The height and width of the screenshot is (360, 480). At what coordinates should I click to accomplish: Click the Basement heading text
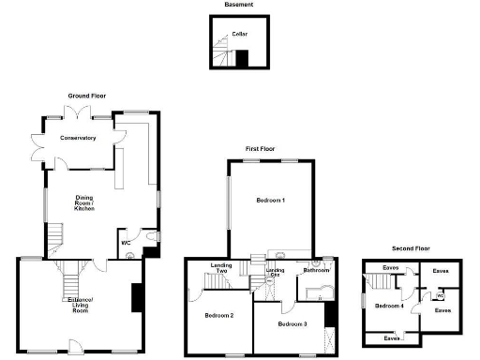(236, 5)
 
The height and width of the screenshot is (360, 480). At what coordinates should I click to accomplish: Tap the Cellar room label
(240, 34)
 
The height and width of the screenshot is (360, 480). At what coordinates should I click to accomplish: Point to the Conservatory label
(78, 138)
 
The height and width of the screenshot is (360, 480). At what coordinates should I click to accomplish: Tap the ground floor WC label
(125, 243)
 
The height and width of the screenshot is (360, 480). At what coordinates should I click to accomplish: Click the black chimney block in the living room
(137, 298)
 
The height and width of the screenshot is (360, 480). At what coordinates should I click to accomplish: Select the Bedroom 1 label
(271, 201)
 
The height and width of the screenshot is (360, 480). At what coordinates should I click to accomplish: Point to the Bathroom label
(316, 271)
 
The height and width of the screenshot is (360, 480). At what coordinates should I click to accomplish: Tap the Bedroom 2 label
(218, 315)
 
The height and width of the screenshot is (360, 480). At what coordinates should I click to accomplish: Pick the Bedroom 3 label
(292, 324)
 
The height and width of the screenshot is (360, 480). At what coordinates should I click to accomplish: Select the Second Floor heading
(410, 248)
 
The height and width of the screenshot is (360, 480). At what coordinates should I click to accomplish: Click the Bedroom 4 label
(389, 306)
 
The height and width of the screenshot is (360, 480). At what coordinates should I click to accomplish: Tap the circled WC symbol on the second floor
(440, 296)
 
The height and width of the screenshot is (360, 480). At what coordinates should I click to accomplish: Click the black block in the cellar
(242, 60)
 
